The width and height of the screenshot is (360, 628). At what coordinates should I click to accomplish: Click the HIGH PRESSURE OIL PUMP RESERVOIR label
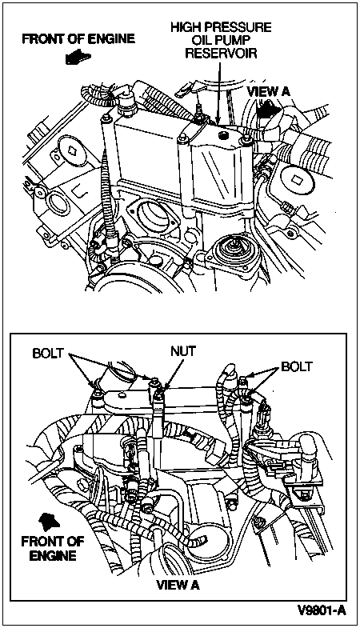tap(221, 40)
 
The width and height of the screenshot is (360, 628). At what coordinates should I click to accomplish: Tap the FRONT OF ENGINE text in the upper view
tap(78, 39)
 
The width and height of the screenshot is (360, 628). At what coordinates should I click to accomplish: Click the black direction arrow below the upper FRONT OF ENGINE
tap(78, 57)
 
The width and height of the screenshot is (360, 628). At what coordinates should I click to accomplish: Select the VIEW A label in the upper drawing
tap(268, 91)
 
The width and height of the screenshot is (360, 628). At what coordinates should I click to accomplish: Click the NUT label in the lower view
tap(183, 351)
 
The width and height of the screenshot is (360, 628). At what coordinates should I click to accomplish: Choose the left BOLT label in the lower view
tap(48, 354)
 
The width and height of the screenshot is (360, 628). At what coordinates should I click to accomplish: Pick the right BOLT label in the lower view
tap(296, 366)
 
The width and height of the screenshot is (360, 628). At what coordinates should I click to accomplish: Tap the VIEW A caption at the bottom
tap(178, 585)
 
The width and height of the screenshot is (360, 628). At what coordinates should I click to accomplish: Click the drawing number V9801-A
tap(321, 610)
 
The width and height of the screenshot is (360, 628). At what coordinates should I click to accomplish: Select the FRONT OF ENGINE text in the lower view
tap(53, 548)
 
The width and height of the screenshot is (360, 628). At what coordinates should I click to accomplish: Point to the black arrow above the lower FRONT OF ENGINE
tap(50, 521)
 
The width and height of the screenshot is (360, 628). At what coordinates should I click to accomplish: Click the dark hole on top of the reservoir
tap(222, 137)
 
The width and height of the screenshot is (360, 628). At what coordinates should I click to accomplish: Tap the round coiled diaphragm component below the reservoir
tap(230, 250)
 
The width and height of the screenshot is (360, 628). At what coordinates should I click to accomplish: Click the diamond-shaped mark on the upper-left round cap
tap(72, 151)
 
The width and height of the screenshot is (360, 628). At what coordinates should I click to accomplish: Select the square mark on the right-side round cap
tap(297, 175)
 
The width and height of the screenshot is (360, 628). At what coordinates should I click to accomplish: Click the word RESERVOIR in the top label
tap(221, 54)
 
